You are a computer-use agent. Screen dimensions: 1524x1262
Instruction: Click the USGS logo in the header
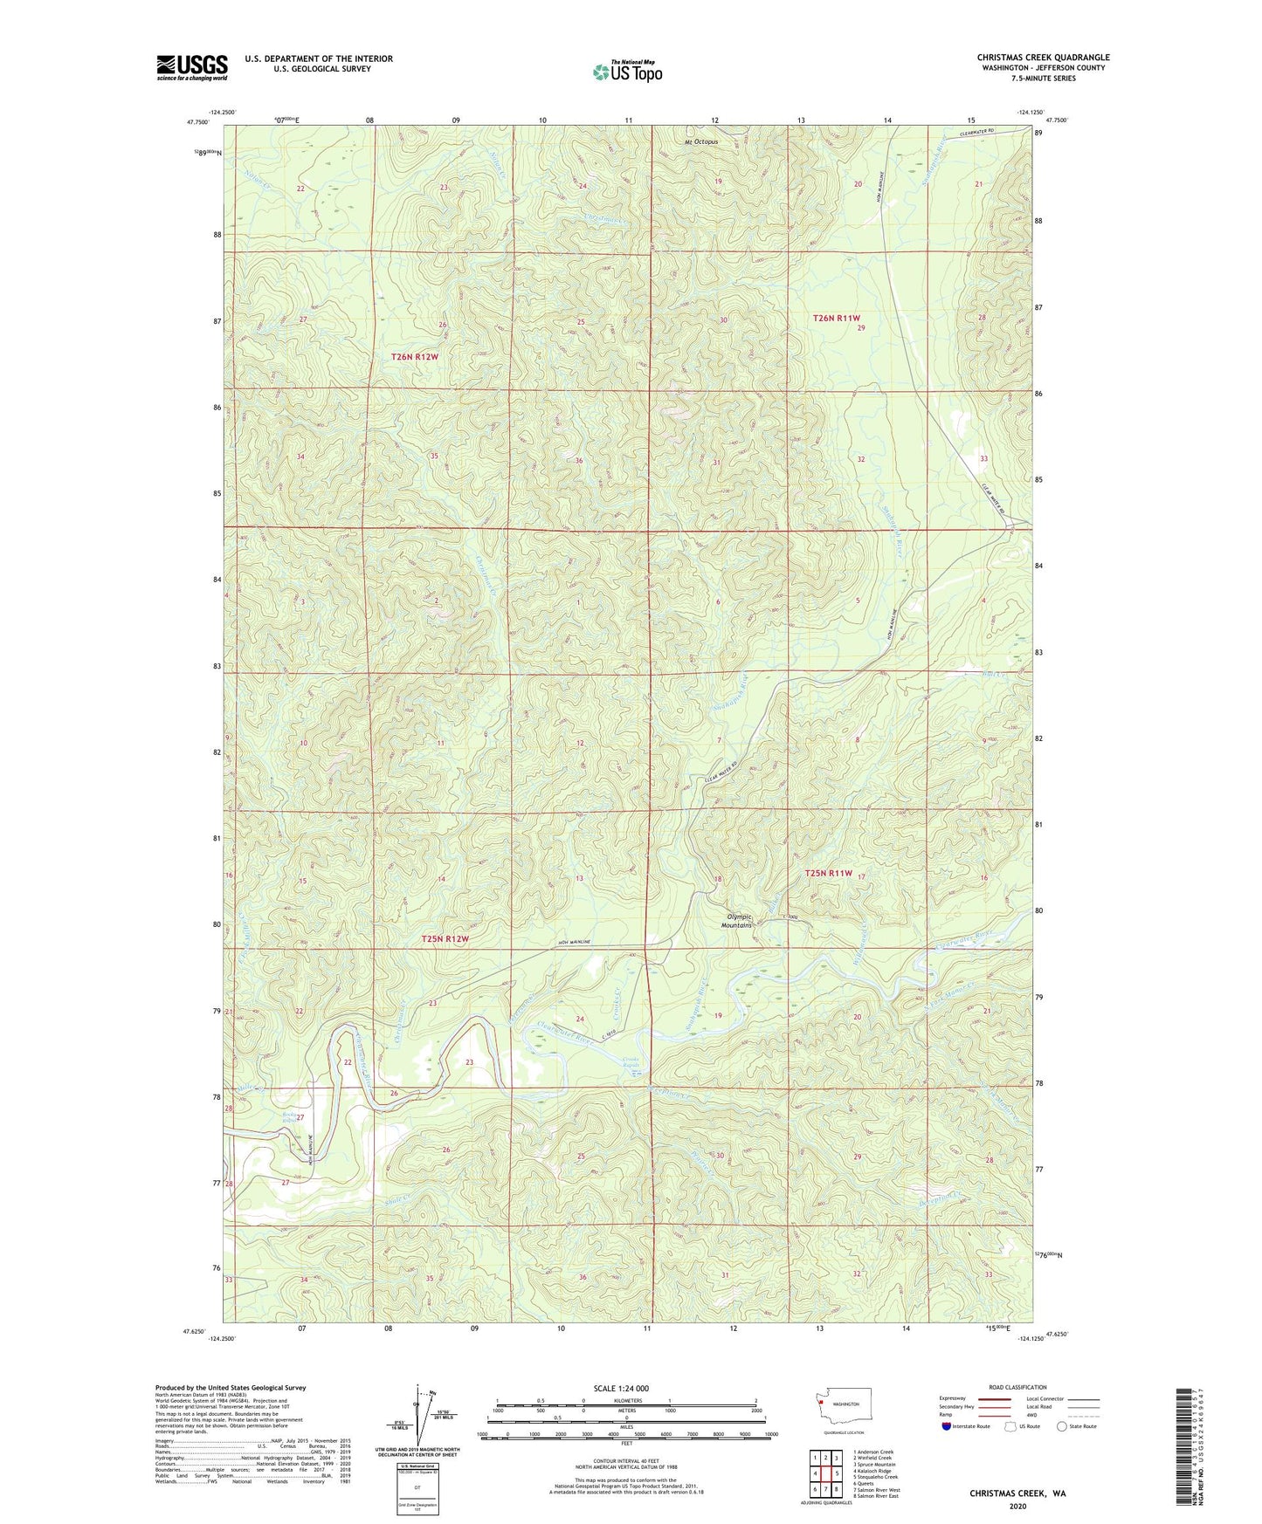click(x=191, y=67)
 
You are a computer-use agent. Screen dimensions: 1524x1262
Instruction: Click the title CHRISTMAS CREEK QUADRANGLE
click(x=1043, y=58)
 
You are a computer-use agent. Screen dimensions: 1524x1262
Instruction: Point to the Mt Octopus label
click(x=700, y=141)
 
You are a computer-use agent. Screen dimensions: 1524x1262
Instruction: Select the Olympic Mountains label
click(x=737, y=921)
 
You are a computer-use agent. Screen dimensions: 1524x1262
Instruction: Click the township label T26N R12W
click(x=414, y=357)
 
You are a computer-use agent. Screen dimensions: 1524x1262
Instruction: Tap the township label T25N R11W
click(x=827, y=873)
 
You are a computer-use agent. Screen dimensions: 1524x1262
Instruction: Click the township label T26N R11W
click(x=837, y=319)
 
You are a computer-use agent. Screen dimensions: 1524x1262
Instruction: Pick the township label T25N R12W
click(x=445, y=939)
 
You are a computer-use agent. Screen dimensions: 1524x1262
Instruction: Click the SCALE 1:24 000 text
click(x=620, y=1388)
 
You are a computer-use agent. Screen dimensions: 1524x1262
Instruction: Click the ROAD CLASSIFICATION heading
click(x=1017, y=1387)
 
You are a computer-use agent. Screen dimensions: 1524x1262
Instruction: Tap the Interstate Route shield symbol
click(x=947, y=1426)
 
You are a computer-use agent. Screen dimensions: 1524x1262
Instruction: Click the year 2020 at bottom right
click(x=1017, y=1506)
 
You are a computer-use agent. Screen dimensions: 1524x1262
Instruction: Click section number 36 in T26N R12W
click(x=578, y=461)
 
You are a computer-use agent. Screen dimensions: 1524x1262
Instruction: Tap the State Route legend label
click(x=1082, y=1426)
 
